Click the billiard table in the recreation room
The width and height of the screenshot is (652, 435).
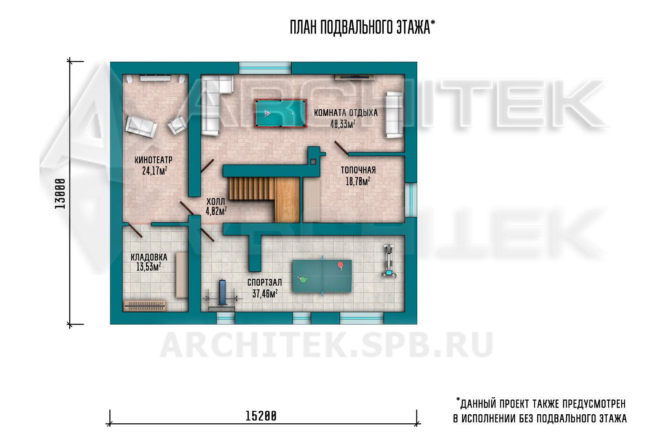coord(280,114)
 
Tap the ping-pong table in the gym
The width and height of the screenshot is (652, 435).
coord(322,276)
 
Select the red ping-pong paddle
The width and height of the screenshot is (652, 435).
coord(340,265)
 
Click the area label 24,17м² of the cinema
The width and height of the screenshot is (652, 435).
coord(155,171)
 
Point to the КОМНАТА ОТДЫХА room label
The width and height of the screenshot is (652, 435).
coord(346,113)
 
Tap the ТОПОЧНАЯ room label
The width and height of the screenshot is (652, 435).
coord(358,170)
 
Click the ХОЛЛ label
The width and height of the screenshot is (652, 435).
coord(216,201)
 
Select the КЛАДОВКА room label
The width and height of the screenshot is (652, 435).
coord(149,257)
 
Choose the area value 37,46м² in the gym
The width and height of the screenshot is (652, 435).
coord(265,293)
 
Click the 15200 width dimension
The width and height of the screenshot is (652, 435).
coord(261,416)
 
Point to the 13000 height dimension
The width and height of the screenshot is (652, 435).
coord(60,194)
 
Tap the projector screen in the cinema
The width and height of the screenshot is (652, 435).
coord(155,78)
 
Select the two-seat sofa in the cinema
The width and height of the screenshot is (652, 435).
coord(141,127)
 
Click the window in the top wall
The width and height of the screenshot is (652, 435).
coord(265,68)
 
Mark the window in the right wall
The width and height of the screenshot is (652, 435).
coord(411,200)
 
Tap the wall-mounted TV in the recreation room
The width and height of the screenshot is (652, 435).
coord(355,77)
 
